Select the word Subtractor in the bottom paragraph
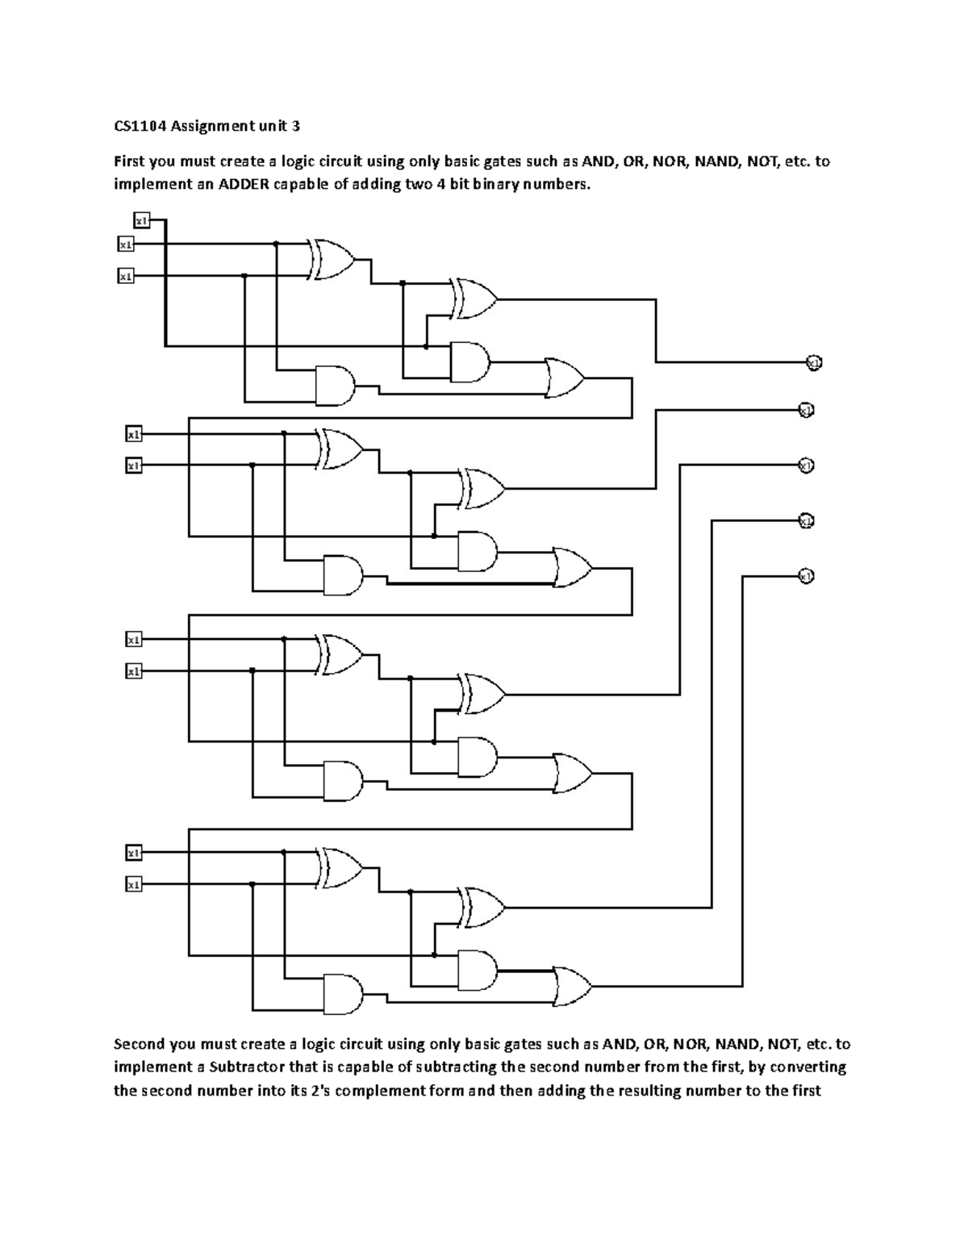click(241, 1067)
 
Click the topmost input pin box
click(141, 220)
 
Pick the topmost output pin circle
click(813, 363)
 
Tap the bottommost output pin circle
click(804, 575)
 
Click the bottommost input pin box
click(133, 884)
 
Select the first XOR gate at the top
click(332, 259)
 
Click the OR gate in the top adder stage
click(564, 378)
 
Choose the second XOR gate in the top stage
click(474, 299)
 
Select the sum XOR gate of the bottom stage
click(482, 907)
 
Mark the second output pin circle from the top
click(805, 410)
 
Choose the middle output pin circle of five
click(805, 465)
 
